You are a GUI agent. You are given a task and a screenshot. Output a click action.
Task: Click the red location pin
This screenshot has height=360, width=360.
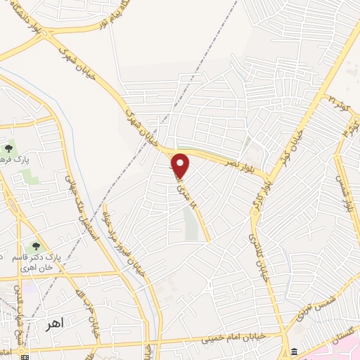tap(181, 165)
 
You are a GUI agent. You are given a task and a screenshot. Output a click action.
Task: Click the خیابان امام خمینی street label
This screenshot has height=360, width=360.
tap(211, 339)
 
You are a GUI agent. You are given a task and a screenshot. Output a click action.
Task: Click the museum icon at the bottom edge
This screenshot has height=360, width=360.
tap(294, 352)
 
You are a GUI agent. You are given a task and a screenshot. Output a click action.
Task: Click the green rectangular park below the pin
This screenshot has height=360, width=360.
tap(191, 223)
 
